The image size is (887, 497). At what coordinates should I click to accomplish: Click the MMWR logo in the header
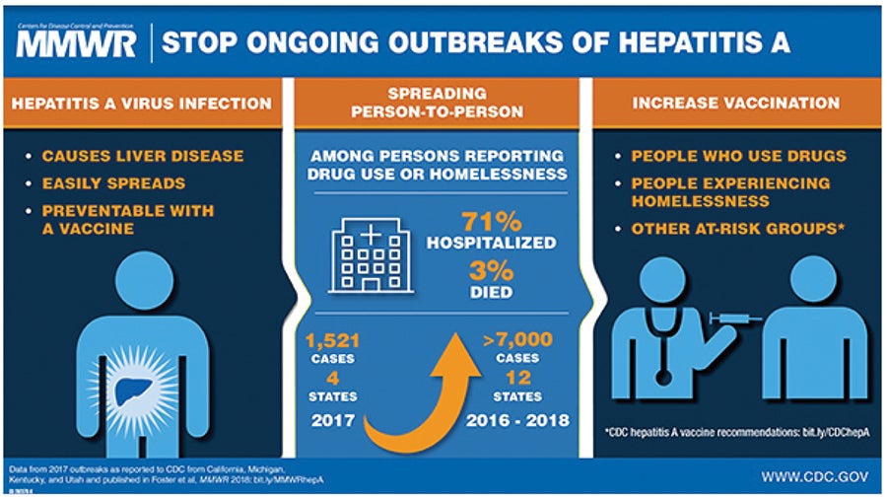[76, 44]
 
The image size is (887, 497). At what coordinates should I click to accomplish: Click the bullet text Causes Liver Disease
[143, 156]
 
